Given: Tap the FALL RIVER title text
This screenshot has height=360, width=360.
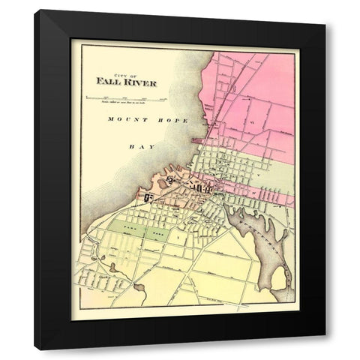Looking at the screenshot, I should (127, 82).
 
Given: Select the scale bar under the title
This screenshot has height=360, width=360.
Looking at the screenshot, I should (126, 97).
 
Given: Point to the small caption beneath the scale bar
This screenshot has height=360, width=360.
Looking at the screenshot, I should (126, 103).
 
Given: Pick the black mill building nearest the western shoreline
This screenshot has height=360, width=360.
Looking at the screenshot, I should (148, 197).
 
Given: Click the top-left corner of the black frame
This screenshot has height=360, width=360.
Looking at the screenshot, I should (35, 11).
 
